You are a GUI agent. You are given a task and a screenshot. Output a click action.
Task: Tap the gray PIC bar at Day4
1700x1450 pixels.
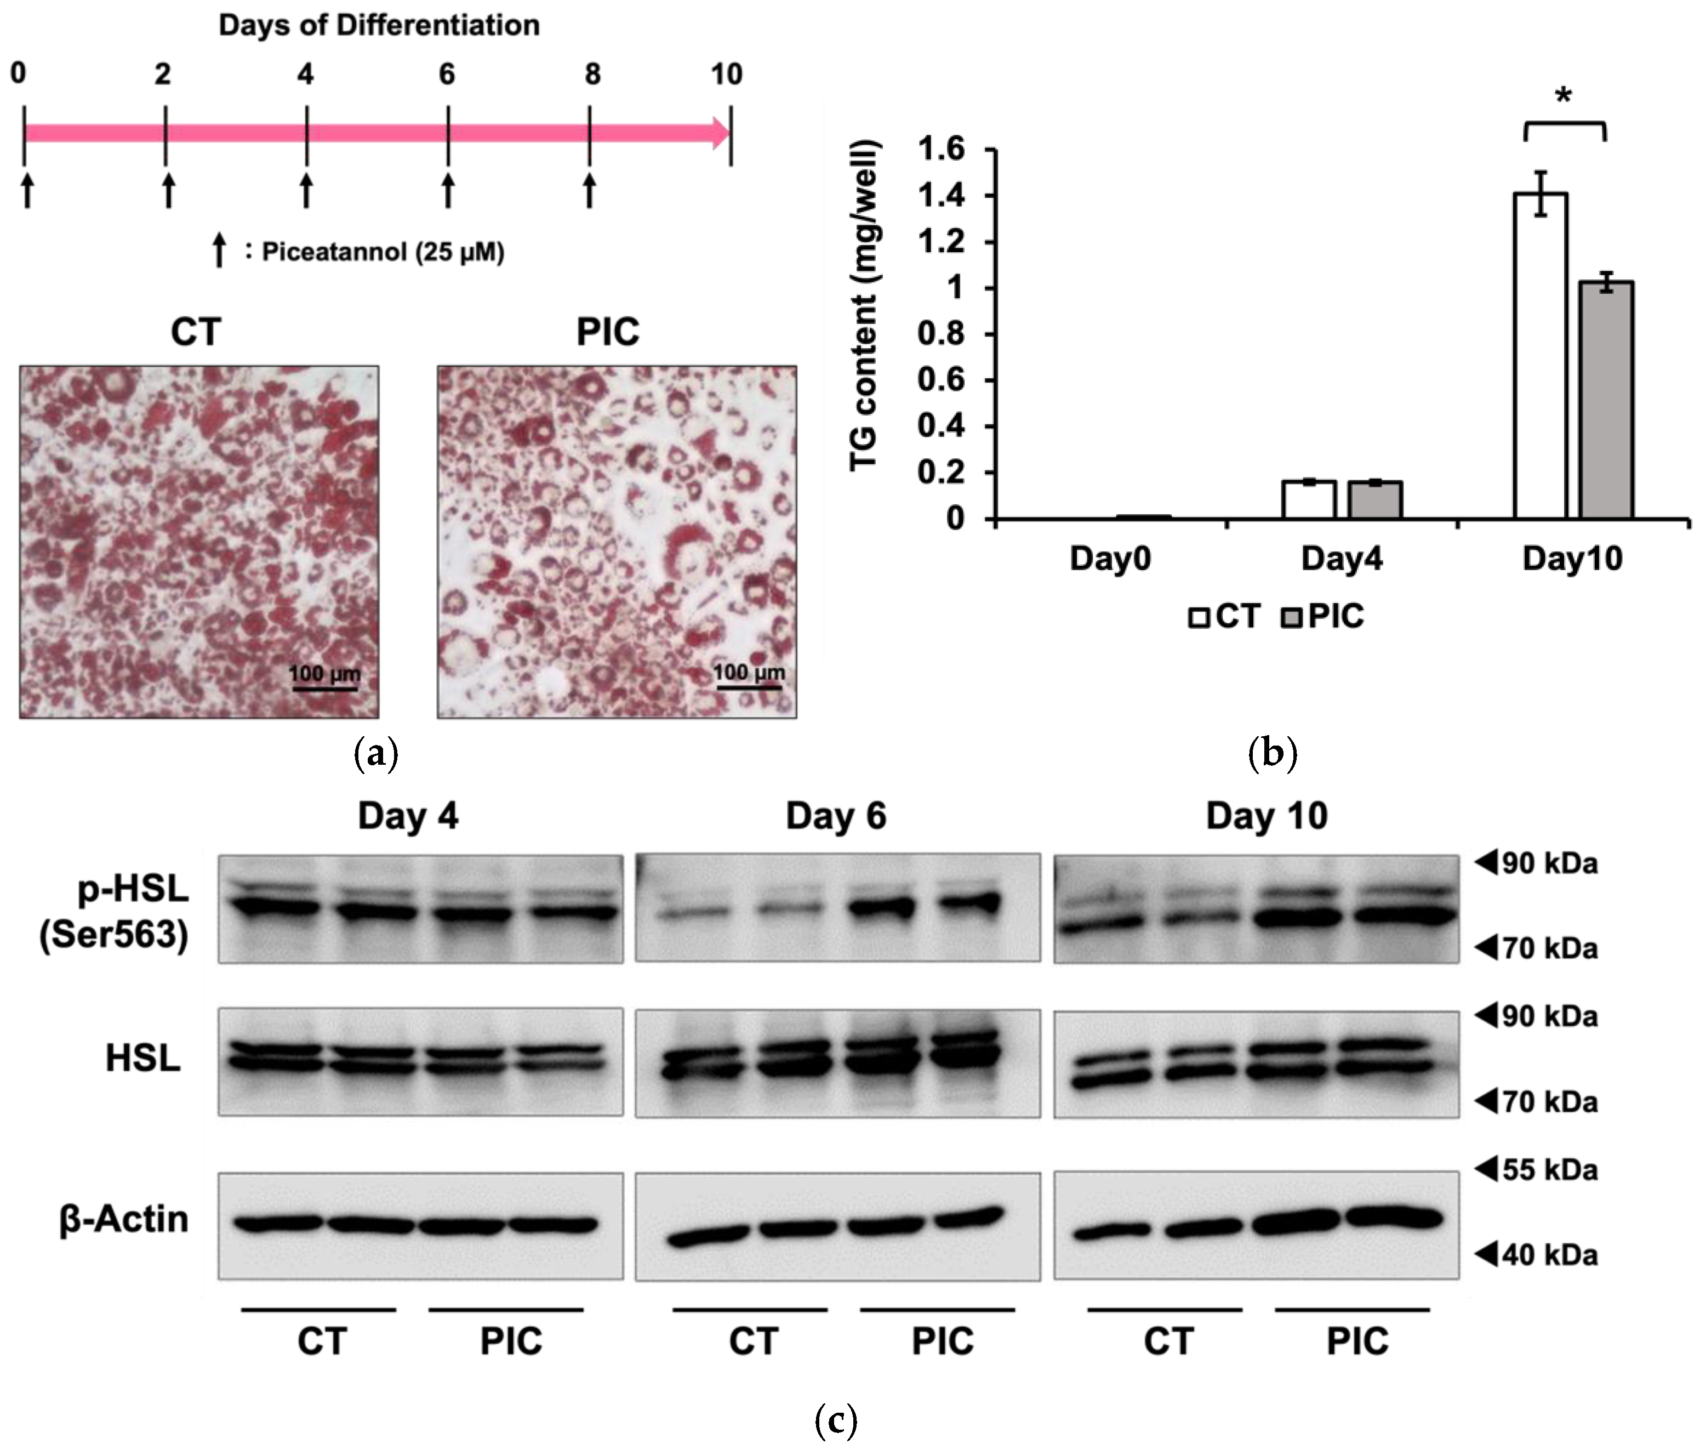[1375, 499]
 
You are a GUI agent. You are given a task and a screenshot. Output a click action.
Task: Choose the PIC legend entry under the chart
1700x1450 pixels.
[1322, 616]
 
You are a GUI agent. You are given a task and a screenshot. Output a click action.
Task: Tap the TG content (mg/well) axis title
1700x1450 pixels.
[864, 305]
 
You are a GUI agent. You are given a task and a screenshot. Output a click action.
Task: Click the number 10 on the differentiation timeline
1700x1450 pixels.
[726, 75]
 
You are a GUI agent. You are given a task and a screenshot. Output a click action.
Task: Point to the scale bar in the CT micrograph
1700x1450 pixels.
[324, 687]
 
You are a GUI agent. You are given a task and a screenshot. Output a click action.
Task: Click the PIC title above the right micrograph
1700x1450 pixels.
[607, 332]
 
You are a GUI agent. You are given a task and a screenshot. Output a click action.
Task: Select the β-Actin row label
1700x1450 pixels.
[123, 1219]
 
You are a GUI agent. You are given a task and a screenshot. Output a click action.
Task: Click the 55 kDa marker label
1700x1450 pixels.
[1549, 1169]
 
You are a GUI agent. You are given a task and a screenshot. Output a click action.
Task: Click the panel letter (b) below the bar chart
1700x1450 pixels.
[1272, 753]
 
